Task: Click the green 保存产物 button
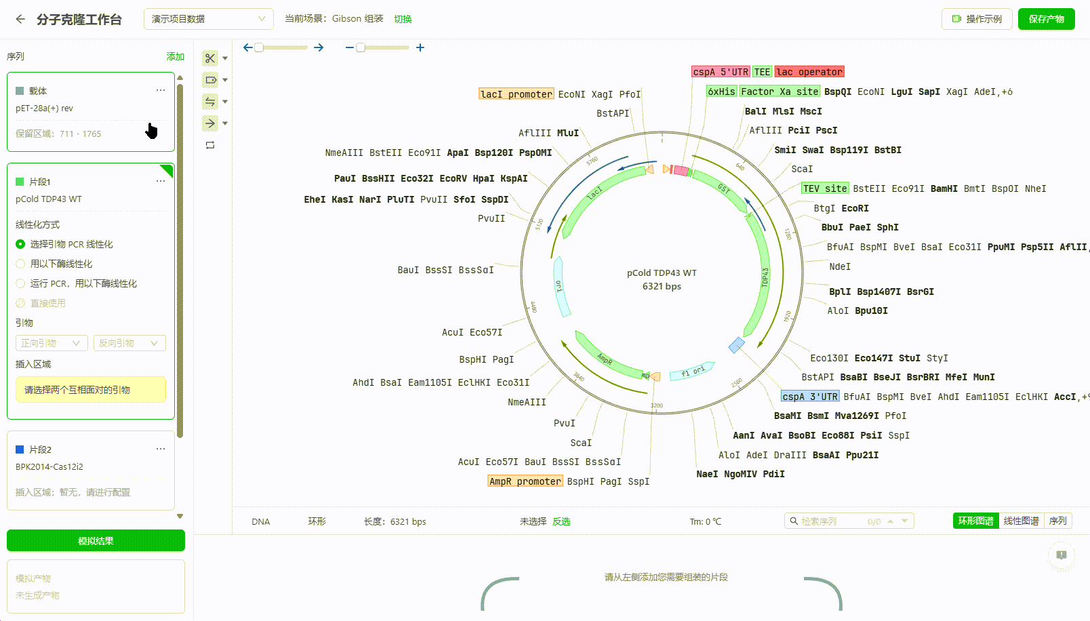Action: [1046, 19]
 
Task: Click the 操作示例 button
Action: [977, 19]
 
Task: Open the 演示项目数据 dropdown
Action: [208, 19]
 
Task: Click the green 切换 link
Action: [403, 19]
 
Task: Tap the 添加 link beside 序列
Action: [176, 56]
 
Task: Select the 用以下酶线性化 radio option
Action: [20, 264]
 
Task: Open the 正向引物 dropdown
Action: [52, 343]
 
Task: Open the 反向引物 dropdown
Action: [129, 343]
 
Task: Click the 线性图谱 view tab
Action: [1021, 521]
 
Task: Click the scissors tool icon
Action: [210, 58]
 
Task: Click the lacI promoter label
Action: [516, 94]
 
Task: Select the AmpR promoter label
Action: [525, 481]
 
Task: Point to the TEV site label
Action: [824, 188]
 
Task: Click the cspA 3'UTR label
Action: [810, 397]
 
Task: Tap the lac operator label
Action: [809, 72]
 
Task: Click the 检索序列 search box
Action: [834, 521]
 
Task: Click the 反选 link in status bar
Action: [561, 521]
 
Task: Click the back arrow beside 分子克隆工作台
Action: [20, 19]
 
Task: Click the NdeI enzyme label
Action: [840, 266]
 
